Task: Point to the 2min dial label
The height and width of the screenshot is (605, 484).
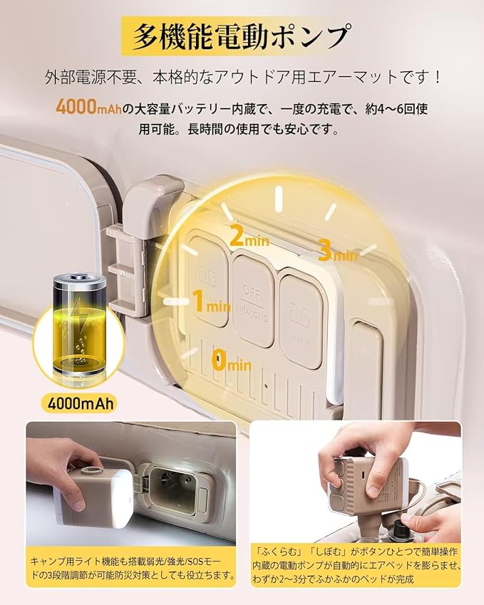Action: pyautogui.click(x=249, y=235)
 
